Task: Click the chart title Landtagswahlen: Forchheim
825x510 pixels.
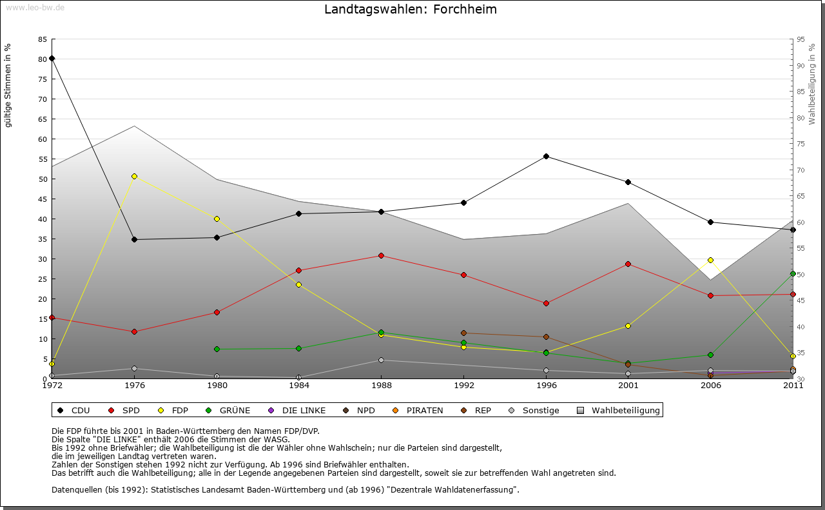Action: point(411,10)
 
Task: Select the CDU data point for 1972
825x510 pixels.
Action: point(52,59)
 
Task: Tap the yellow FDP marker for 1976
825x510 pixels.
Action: point(134,176)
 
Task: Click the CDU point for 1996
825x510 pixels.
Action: point(546,156)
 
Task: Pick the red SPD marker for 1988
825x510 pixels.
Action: point(381,255)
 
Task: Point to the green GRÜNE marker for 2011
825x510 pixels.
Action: point(793,273)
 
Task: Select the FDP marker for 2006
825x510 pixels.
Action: point(710,260)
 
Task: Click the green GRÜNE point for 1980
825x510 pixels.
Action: point(217,349)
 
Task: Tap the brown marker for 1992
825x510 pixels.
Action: point(463,333)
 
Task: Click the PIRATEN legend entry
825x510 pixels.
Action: point(418,410)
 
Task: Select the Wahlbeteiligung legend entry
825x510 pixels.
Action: point(619,410)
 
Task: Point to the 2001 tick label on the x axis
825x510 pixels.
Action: point(628,386)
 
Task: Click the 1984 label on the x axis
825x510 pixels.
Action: point(299,386)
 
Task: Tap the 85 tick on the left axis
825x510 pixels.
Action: point(43,39)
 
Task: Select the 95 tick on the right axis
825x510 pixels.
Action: point(800,39)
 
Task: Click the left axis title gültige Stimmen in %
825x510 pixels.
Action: point(8,85)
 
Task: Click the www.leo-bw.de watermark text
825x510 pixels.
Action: point(35,7)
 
